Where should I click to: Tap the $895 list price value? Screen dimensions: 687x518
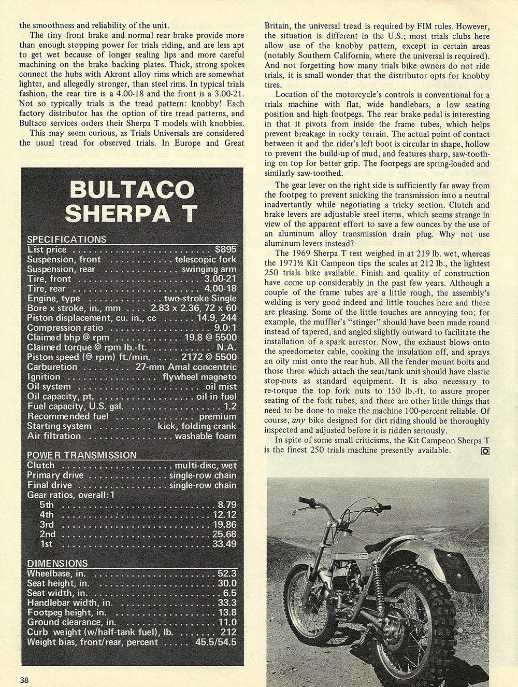pyautogui.click(x=226, y=249)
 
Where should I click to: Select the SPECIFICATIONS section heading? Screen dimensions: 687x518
pyautogui.click(x=66, y=239)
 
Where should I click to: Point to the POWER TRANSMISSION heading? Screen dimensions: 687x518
pyautogui.click(x=82, y=455)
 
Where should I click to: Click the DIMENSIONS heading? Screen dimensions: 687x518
pyautogui.click(x=57, y=563)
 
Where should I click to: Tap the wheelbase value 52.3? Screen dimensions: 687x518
pyautogui.click(x=227, y=573)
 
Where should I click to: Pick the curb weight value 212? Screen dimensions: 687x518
pyautogui.click(x=228, y=632)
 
